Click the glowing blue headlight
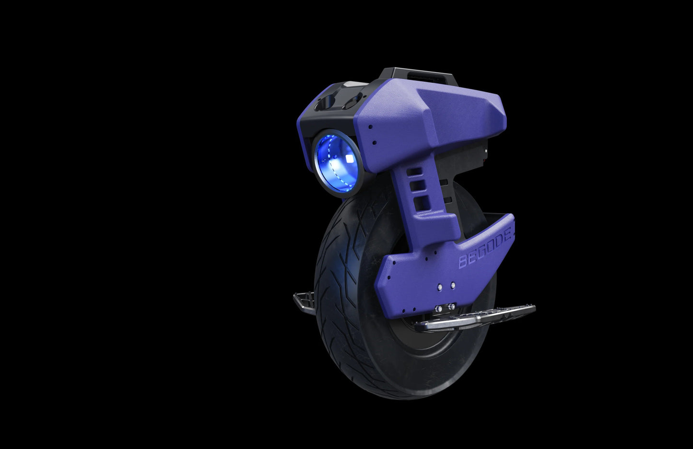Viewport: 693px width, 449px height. point(337,162)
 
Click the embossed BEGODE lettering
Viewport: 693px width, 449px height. point(486,249)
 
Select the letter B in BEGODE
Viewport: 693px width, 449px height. point(464,262)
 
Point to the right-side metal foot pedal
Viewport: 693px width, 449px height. point(480,317)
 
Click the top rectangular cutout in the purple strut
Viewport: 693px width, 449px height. point(416,171)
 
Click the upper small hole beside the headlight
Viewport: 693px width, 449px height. point(371,127)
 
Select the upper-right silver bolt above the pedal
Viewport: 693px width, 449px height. point(452,285)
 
